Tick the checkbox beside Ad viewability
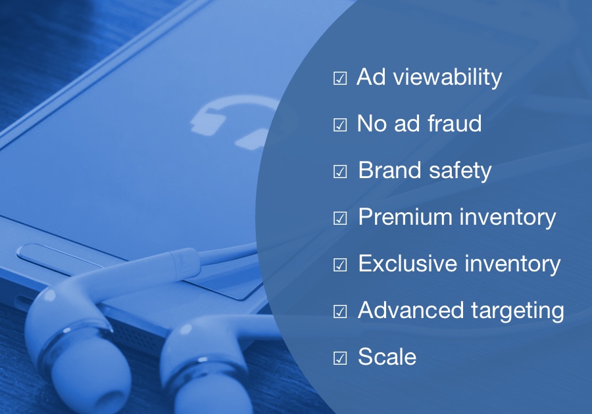click(340, 78)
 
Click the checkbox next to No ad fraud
click(340, 125)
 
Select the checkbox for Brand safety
click(340, 172)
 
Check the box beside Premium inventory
click(340, 218)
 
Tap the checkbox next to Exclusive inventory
click(340, 265)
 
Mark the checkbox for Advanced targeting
click(340, 311)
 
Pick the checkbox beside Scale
click(340, 358)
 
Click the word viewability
click(448, 78)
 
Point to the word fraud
click(455, 123)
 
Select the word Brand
click(389, 170)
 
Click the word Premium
click(405, 216)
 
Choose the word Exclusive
click(407, 263)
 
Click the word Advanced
click(410, 310)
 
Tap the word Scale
click(387, 357)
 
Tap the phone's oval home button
click(57, 258)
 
